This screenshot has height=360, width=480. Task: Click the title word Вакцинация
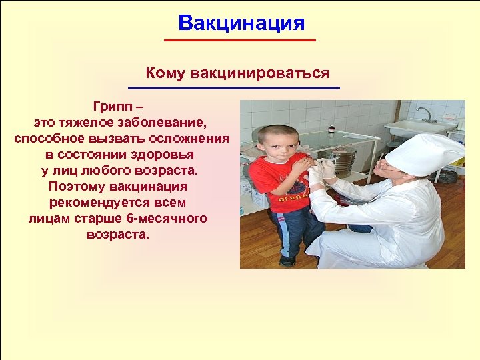241,23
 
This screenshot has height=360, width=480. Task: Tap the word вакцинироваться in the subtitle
260,73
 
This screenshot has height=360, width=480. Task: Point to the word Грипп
114,107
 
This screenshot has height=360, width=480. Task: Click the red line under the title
240,41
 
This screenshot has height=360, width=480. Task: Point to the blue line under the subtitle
233,88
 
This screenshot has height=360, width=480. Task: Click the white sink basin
420,127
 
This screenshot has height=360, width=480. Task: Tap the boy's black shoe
288,261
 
